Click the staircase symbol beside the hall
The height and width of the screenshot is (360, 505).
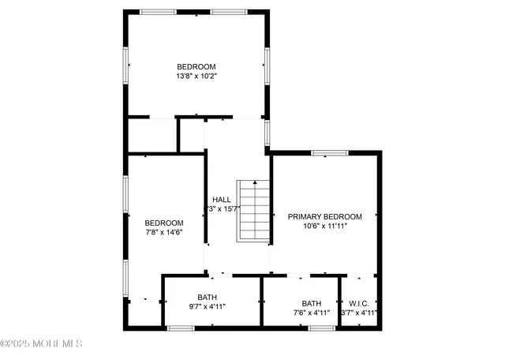pyautogui.click(x=254, y=212)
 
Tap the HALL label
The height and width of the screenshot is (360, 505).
pyautogui.click(x=222, y=199)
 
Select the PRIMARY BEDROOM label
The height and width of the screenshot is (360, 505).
pyautogui.click(x=324, y=216)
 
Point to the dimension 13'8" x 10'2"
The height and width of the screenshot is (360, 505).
pyautogui.click(x=196, y=77)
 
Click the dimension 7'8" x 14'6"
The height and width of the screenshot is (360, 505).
pyautogui.click(x=164, y=232)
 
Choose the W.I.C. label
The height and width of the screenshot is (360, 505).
pyautogui.click(x=359, y=303)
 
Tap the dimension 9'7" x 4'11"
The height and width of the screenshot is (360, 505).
pyautogui.click(x=208, y=306)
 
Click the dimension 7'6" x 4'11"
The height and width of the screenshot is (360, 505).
pyautogui.click(x=312, y=313)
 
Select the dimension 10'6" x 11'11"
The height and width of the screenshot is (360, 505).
pyautogui.click(x=324, y=226)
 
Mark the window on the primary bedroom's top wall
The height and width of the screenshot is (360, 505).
pyautogui.click(x=330, y=152)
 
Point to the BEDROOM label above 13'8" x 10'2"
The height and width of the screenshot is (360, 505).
pyautogui.click(x=196, y=66)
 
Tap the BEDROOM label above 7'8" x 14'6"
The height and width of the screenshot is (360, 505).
pyautogui.click(x=164, y=223)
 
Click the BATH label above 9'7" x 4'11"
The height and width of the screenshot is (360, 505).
pyautogui.click(x=208, y=297)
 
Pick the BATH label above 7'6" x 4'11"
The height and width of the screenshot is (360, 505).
pyautogui.click(x=312, y=303)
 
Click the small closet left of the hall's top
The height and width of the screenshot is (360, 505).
pyautogui.click(x=152, y=135)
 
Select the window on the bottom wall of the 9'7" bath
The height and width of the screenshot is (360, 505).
pyautogui.click(x=181, y=328)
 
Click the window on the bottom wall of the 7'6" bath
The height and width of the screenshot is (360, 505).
pyautogui.click(x=323, y=328)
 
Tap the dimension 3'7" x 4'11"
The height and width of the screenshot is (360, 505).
pyautogui.click(x=359, y=313)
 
